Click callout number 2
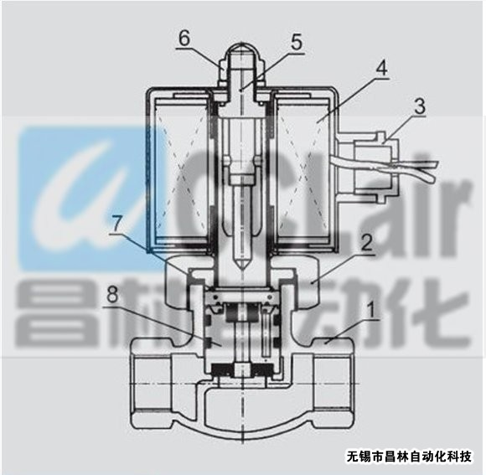tap(367, 244)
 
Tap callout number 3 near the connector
tap(420, 106)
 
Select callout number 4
tap(382, 69)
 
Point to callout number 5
tap(297, 43)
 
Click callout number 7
tap(116, 224)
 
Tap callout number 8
tap(112, 295)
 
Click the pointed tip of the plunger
tap(242, 269)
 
